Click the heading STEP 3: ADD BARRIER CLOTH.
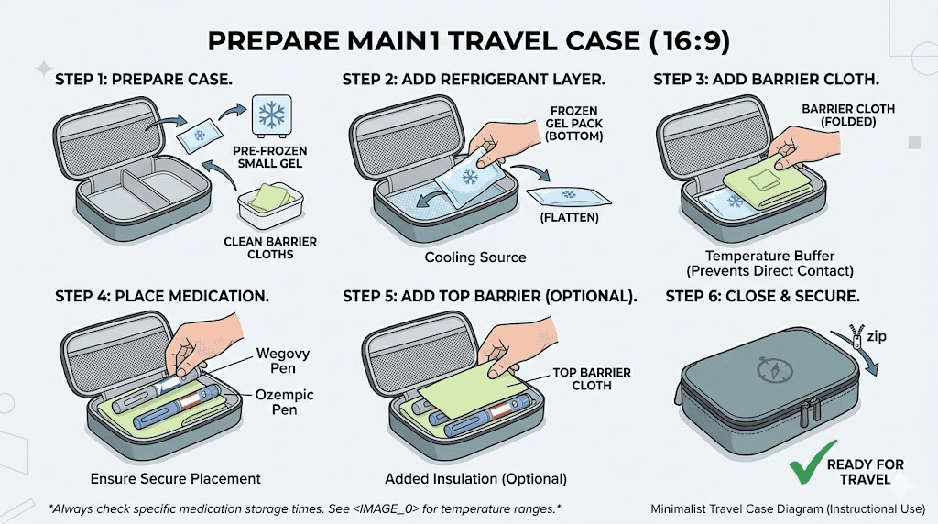tap(767, 80)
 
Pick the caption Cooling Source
tap(475, 257)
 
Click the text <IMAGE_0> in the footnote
tap(401, 508)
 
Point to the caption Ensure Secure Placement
tap(175, 478)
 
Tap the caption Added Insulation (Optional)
tap(475, 478)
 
